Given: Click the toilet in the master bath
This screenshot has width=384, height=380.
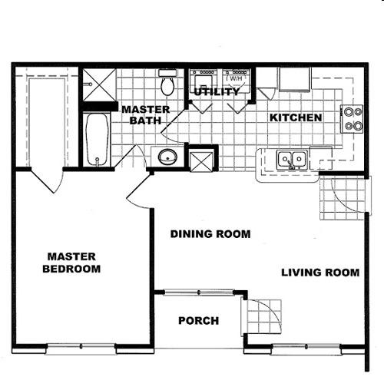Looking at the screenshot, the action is (167, 82).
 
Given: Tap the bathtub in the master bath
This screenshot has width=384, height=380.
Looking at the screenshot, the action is (97, 140).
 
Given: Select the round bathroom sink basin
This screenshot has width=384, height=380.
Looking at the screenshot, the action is (167, 157).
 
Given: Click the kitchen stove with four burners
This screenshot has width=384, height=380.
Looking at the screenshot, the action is (352, 119).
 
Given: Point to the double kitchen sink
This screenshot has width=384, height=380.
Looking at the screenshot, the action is (292, 160).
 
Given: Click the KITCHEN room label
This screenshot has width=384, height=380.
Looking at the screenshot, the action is (296, 117).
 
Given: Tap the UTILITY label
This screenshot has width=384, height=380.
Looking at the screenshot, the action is (217, 91).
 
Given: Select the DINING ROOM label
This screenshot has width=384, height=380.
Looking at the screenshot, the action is (210, 234).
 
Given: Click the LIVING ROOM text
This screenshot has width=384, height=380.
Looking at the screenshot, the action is (320, 273).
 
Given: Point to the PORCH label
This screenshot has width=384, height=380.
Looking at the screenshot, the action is (199, 321).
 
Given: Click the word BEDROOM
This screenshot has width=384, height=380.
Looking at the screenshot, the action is (71, 269).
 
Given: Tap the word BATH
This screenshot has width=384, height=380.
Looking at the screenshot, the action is (145, 121).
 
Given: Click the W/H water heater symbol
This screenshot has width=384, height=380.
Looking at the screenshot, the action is (236, 78).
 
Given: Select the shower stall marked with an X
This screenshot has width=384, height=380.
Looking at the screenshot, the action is (99, 85).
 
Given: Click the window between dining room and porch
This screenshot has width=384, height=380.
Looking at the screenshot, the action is (199, 292).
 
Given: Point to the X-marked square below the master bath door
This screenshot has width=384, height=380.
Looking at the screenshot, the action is (202, 161).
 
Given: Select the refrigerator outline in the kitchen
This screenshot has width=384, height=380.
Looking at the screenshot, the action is (295, 79).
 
